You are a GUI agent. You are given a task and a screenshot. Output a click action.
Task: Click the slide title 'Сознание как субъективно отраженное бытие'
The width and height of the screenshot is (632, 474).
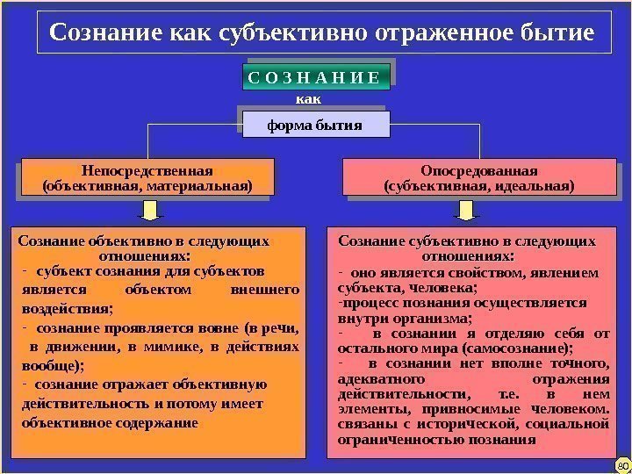pos(322,33)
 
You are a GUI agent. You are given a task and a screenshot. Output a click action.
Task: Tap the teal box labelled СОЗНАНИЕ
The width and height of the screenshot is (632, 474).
pos(313,77)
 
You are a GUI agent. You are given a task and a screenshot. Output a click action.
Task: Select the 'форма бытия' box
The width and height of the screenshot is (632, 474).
pos(314,125)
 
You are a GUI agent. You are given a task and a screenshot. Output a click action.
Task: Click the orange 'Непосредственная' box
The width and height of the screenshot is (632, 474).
pos(147,177)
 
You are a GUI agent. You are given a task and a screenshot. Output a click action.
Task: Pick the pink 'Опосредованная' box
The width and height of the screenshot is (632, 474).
pos(479,177)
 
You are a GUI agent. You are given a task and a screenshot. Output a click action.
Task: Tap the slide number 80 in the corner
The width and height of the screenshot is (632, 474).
pos(621,464)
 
